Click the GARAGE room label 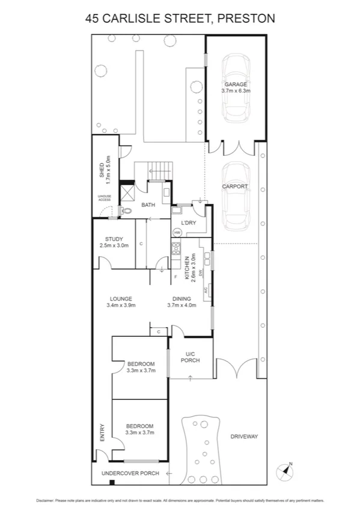pyautogui.click(x=236, y=84)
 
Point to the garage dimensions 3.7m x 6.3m pyautogui.click(x=236, y=91)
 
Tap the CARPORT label pyautogui.click(x=235, y=186)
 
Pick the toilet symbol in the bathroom pyautogui.click(x=125, y=210)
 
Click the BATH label pyautogui.click(x=148, y=205)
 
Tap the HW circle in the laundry pyautogui.click(x=177, y=232)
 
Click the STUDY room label pyautogui.click(x=114, y=239)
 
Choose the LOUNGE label pyautogui.click(x=121, y=299)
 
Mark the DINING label pyautogui.click(x=182, y=299)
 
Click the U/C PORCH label pyautogui.click(x=192, y=357)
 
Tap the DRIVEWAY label pyautogui.click(x=243, y=436)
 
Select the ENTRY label pyautogui.click(x=102, y=432)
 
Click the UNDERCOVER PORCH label pyautogui.click(x=130, y=473)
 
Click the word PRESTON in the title pyautogui.click(x=246, y=19)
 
